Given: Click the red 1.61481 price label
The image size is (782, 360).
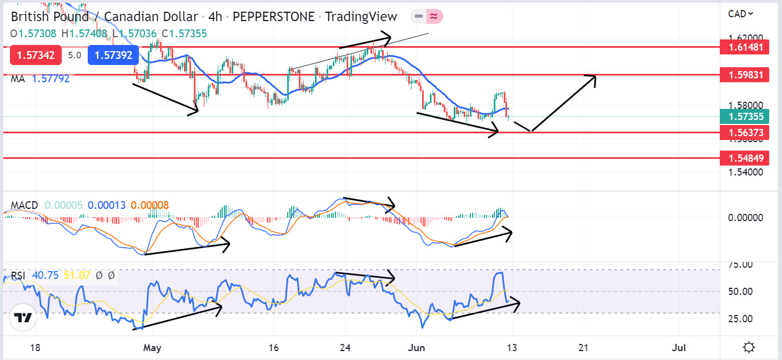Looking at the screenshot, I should coord(744,47).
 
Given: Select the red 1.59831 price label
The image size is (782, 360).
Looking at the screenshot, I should coord(744,74).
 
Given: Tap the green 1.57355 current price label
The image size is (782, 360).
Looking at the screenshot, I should coord(744,117).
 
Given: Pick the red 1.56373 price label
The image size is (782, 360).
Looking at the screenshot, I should coord(744,132).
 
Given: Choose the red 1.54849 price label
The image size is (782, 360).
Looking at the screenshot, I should coord(744,158).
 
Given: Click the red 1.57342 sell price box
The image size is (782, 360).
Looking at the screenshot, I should coord(34,55).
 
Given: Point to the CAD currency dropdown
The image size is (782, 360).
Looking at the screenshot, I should coord(741,14).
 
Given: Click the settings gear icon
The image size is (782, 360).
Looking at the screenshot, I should coord(748,348).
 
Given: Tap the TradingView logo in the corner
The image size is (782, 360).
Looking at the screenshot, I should coord(23,318).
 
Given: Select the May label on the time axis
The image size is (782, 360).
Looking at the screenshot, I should coord(152,348).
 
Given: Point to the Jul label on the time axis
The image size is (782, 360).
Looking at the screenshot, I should coord(679,348).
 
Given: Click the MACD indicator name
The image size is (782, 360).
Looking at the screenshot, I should coord(24,206).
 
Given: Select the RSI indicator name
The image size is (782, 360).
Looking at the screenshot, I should coord(18,275).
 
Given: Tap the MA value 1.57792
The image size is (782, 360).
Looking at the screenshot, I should coord(51,79).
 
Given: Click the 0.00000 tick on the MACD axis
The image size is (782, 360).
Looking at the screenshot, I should coord(744,217).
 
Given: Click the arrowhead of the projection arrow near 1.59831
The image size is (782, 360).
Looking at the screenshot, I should coord(594,77).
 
